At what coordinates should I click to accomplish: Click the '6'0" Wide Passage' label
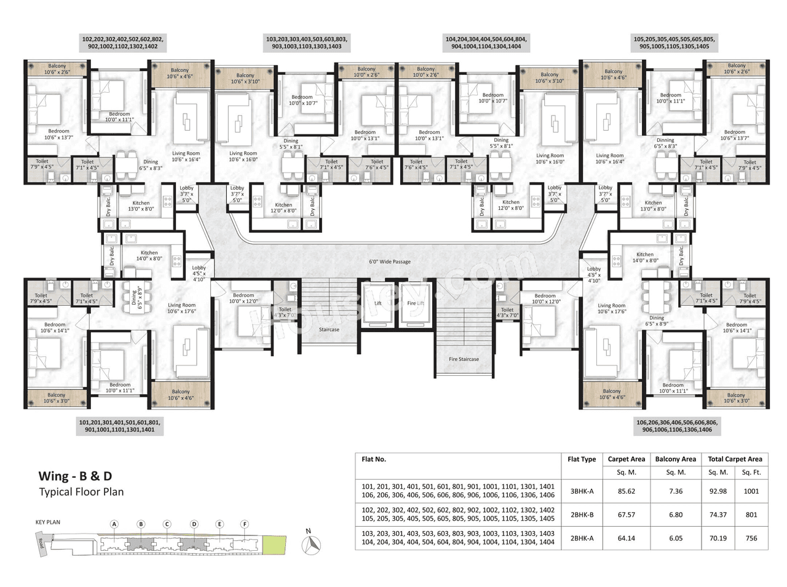pyautogui.click(x=389, y=262)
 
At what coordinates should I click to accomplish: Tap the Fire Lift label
pyautogui.click(x=416, y=303)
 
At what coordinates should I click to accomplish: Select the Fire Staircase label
pyautogui.click(x=464, y=359)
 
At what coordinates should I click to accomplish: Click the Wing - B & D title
pyautogui.click(x=75, y=476)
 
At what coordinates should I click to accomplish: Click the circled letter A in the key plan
pyautogui.click(x=114, y=524)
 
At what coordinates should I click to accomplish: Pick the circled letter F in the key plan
pyautogui.click(x=245, y=524)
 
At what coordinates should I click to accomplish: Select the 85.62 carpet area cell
pyautogui.click(x=626, y=491)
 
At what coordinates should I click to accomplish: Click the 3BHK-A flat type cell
pyautogui.click(x=581, y=491)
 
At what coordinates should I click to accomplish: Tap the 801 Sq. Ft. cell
pyautogui.click(x=751, y=515)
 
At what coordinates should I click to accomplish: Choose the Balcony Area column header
pyautogui.click(x=675, y=459)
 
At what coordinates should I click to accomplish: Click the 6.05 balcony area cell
pyautogui.click(x=675, y=538)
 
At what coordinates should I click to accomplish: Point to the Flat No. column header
pyautogui.click(x=374, y=459)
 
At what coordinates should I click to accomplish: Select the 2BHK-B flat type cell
pyautogui.click(x=581, y=515)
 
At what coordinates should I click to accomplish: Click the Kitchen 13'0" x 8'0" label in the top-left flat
pyautogui.click(x=141, y=206)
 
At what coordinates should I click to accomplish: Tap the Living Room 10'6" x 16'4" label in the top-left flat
pyautogui.click(x=186, y=157)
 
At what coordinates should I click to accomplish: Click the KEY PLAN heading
pyautogui.click(x=48, y=523)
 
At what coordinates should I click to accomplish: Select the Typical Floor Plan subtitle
pyautogui.click(x=81, y=492)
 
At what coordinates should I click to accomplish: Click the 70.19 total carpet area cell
pyautogui.click(x=718, y=538)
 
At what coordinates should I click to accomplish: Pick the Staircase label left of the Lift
pyautogui.click(x=329, y=330)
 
